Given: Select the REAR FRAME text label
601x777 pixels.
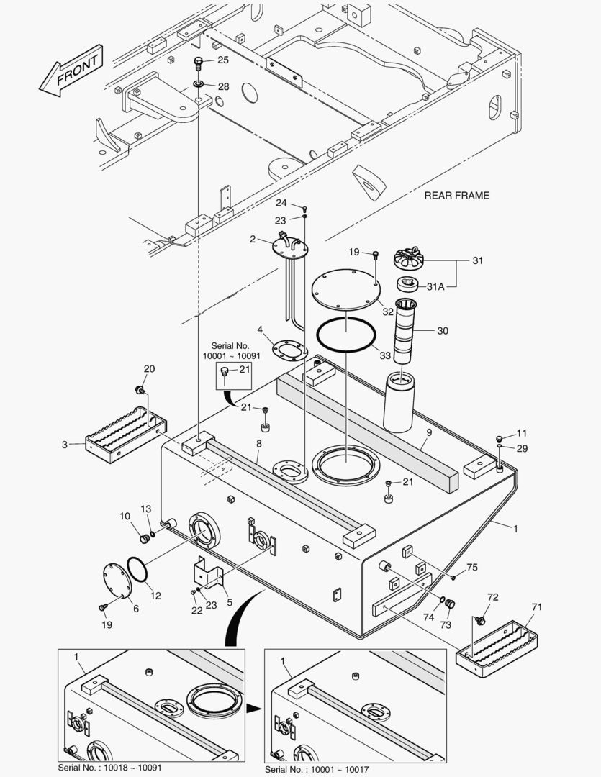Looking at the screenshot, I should (456, 195).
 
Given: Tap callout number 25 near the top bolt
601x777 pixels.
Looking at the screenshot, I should (223, 60).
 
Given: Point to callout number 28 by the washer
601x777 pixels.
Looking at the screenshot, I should (223, 86).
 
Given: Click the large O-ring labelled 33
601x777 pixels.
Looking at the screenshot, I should (345, 335).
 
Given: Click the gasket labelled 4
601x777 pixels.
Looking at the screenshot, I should (290, 350).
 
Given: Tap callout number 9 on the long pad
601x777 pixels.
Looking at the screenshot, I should (428, 434).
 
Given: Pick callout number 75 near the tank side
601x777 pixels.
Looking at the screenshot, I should (471, 567).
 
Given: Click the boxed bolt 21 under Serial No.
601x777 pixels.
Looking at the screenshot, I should (225, 372).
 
